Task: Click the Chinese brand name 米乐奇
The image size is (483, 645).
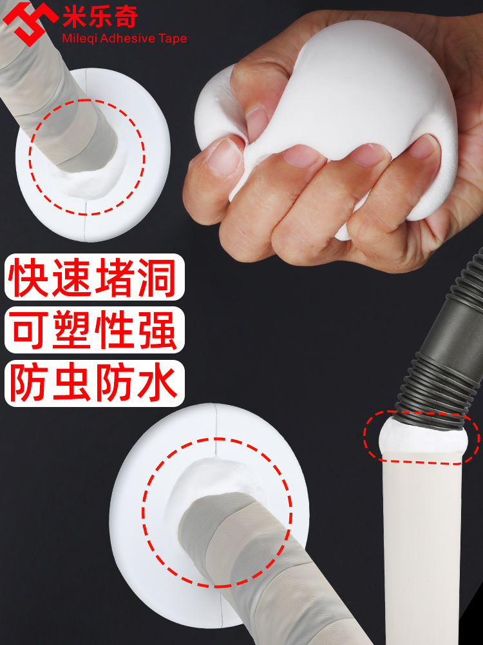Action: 100,15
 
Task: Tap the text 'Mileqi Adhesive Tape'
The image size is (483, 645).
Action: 124,39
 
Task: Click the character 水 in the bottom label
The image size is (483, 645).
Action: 158,382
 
